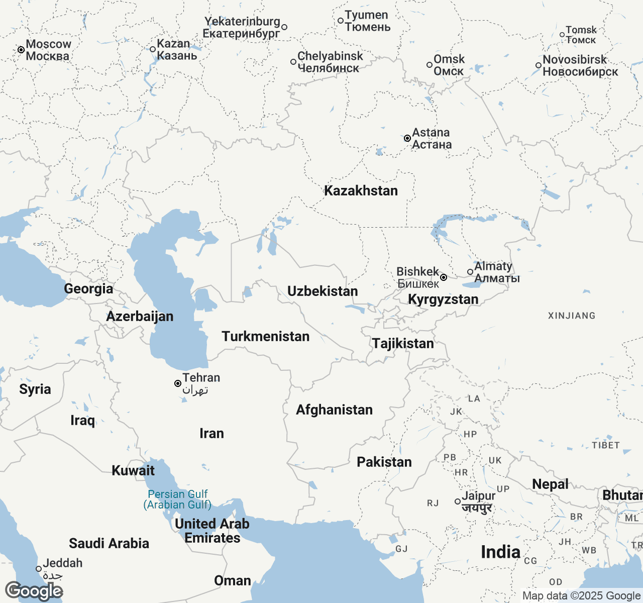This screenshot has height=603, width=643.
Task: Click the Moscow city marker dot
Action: (21, 50)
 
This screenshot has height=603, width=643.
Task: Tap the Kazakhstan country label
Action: (361, 191)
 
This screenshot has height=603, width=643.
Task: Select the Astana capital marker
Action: (407, 138)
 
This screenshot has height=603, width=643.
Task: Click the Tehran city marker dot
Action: (178, 383)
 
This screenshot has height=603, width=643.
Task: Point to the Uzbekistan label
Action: (323, 291)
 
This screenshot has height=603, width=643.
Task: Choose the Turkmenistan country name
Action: (266, 337)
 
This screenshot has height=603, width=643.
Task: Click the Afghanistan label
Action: (334, 410)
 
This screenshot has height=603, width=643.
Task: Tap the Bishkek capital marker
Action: (444, 277)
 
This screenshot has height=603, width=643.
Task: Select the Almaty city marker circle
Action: (470, 272)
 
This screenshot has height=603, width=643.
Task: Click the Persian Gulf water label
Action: (177, 499)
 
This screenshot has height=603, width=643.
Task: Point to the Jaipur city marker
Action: (458, 501)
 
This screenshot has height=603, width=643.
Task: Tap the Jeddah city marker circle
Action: (39, 569)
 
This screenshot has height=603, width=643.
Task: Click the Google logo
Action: (34, 591)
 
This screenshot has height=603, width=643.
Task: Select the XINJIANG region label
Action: (572, 316)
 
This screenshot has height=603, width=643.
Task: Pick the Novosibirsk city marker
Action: (539, 65)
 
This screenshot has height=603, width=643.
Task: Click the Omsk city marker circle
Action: (430, 65)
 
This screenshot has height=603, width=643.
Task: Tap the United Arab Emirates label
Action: (212, 531)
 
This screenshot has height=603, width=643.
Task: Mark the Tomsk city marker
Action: (562, 35)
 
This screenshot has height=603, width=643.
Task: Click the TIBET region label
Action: (605, 445)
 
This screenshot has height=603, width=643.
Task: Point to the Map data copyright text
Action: (581, 596)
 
